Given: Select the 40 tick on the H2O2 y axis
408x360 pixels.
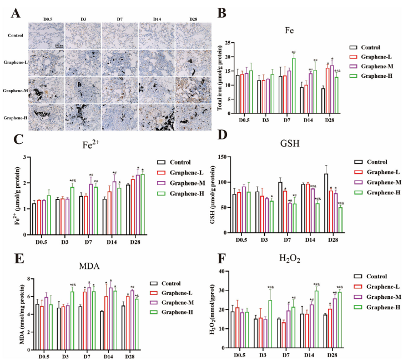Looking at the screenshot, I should point(228,271).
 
